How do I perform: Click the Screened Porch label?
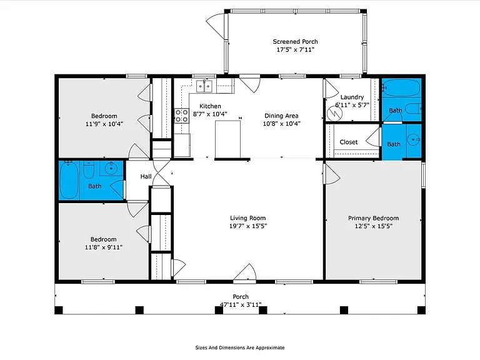295,42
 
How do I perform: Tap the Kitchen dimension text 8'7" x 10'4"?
210,114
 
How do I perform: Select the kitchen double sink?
204,86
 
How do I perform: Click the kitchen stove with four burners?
182,116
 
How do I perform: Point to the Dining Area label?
281,116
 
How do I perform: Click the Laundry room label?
352,97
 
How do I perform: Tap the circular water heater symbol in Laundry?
334,114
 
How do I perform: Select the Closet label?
348,142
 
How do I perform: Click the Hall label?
146,176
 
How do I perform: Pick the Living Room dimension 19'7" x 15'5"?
248,226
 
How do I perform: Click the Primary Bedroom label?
374,218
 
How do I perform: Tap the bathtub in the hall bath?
69,180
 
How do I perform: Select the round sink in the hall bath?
111,167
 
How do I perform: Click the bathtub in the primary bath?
401,87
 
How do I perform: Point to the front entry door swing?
245,272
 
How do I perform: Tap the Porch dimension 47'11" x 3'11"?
241,304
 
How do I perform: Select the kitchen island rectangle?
227,139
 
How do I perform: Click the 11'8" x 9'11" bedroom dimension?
104,247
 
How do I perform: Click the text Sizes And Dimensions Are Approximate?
240,347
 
